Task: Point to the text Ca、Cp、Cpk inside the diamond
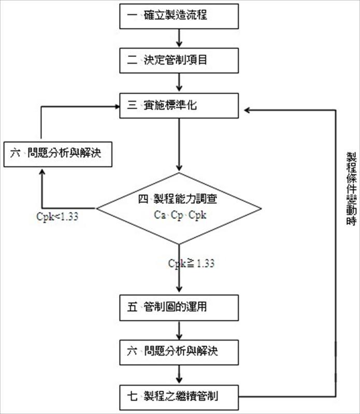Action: (x=180, y=215)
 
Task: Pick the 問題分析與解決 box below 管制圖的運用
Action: (x=179, y=352)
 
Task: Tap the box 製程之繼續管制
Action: (x=179, y=397)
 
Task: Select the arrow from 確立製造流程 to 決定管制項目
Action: (x=179, y=38)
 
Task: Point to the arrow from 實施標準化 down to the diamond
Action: (x=179, y=145)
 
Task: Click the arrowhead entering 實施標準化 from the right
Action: (x=247, y=109)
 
